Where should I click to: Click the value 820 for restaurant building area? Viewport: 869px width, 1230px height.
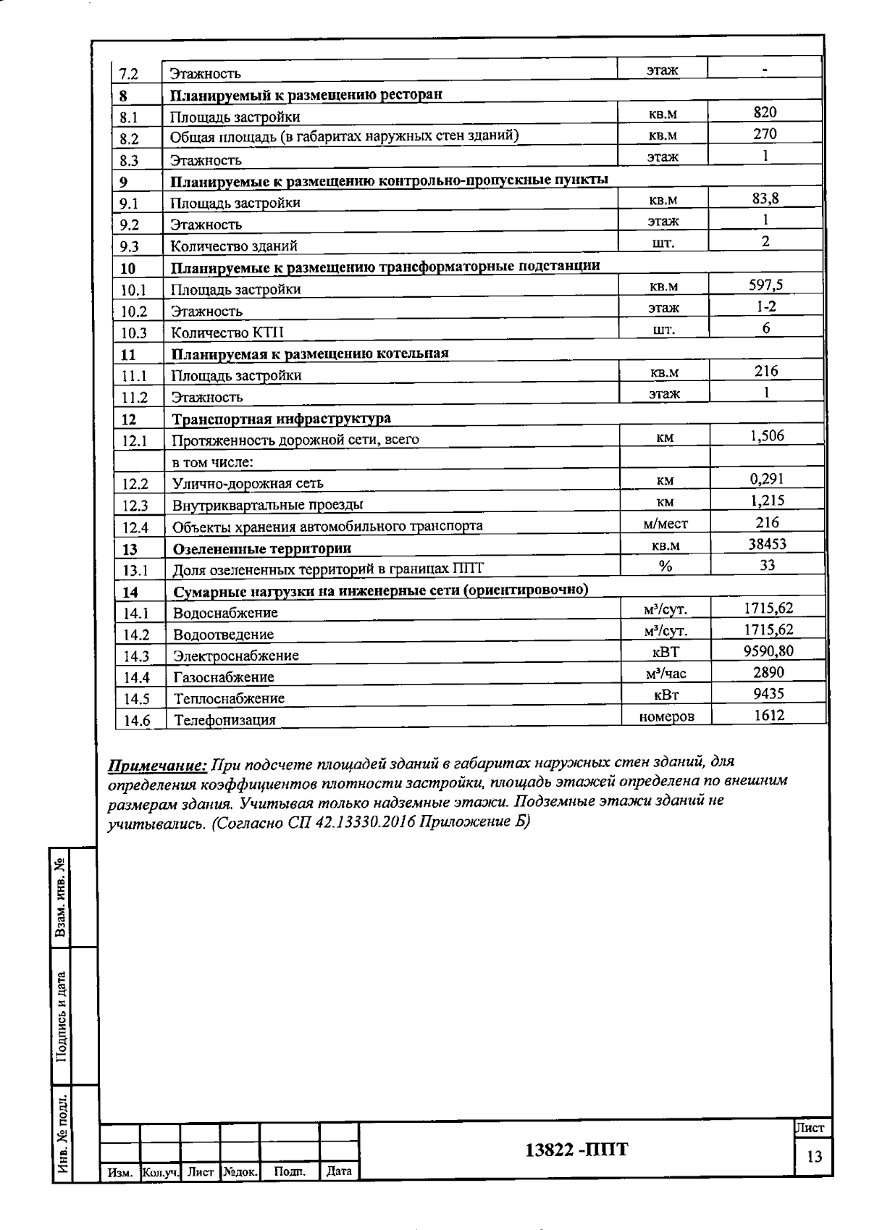(765, 112)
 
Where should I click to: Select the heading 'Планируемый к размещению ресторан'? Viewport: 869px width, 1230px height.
(306, 95)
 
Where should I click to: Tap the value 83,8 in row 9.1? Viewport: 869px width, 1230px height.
(765, 198)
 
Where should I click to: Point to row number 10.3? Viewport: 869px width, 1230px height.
(134, 333)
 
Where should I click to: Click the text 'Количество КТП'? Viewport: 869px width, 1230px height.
(227, 333)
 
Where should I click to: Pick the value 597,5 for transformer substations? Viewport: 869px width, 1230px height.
(766, 285)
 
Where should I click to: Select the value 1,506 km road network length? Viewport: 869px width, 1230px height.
(767, 436)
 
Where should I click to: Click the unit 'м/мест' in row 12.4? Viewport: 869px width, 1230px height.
(666, 523)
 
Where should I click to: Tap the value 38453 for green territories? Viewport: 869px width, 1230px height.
(768, 544)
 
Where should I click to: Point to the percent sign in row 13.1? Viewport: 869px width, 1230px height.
(666, 566)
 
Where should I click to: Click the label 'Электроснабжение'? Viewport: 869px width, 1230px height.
(236, 656)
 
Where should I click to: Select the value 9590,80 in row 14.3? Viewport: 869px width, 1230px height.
(768, 651)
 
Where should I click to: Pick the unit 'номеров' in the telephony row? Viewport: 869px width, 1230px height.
(667, 716)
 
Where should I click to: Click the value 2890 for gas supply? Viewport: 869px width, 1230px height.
(768, 672)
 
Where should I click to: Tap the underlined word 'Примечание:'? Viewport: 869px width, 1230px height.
(158, 764)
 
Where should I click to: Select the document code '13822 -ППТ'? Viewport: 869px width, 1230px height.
(576, 1150)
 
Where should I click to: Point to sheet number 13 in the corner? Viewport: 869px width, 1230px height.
(814, 1157)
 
